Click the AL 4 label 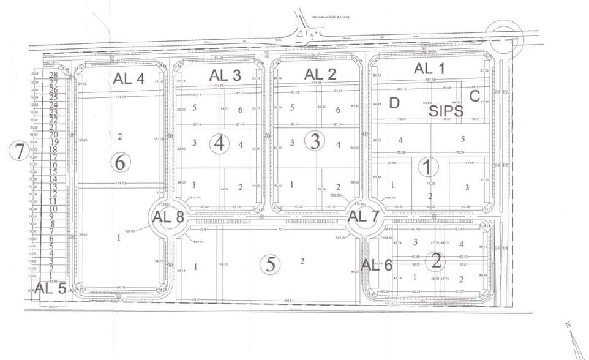pos(129,78)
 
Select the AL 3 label pos(225,75)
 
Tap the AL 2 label pos(321,75)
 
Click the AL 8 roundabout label pos(167,216)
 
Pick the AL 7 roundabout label pos(364,216)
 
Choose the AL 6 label pos(377,264)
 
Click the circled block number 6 pos(120,162)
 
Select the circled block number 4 pos(220,144)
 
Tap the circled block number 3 pos(315,142)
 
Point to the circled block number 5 pos(269,264)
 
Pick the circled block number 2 pos(436,261)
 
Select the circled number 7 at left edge pos(20,150)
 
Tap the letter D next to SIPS pos(394,102)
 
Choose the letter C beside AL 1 pos(475,96)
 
